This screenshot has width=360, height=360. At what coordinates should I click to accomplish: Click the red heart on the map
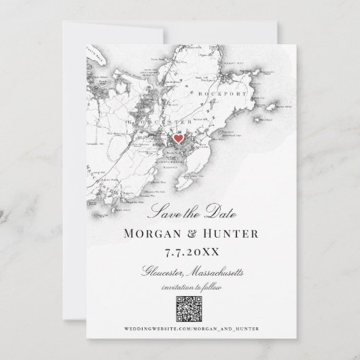(177, 138)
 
